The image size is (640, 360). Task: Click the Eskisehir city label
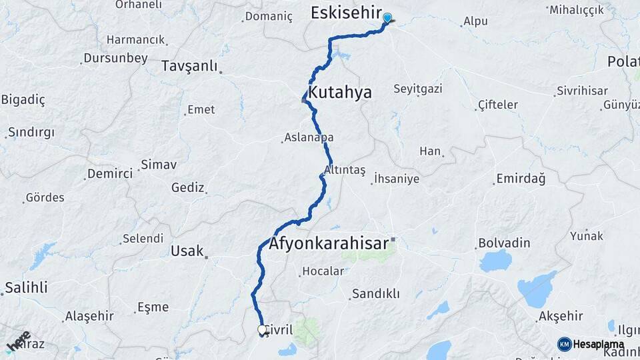pyautogui.click(x=347, y=13)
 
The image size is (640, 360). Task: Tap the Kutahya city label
pyautogui.click(x=340, y=92)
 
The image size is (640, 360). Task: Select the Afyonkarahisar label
pyautogui.click(x=329, y=243)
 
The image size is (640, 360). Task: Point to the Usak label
pyautogui.click(x=187, y=251)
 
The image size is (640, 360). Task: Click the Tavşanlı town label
pyautogui.click(x=190, y=66)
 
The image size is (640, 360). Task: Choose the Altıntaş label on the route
pyautogui.click(x=345, y=170)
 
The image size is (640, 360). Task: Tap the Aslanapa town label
pyautogui.click(x=309, y=137)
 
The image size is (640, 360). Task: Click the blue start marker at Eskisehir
pyautogui.click(x=387, y=18)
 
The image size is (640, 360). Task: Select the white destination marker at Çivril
pyautogui.click(x=262, y=329)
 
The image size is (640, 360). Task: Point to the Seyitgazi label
pyautogui.click(x=418, y=89)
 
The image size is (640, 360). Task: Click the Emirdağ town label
pyautogui.click(x=521, y=179)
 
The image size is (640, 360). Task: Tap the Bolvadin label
pyautogui.click(x=504, y=243)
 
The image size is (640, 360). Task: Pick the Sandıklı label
pyautogui.click(x=375, y=293)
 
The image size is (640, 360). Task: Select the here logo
pyautogui.click(x=19, y=341)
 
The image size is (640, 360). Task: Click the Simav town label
pyautogui.click(x=158, y=164)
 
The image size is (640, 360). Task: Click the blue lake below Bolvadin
pyautogui.click(x=495, y=261)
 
